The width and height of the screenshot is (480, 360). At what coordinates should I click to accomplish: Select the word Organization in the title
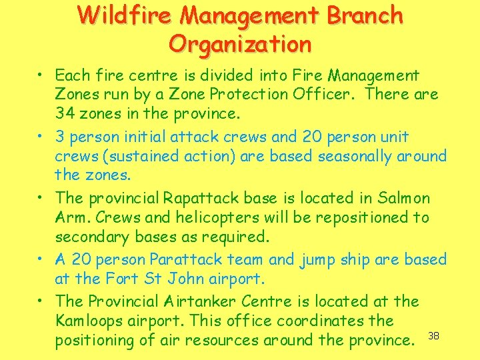(x=240, y=44)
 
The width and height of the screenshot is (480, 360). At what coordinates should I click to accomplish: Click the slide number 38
(x=433, y=335)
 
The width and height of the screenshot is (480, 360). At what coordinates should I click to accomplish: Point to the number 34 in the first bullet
(x=65, y=113)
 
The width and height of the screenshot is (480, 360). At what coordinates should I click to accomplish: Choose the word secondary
(x=91, y=237)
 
